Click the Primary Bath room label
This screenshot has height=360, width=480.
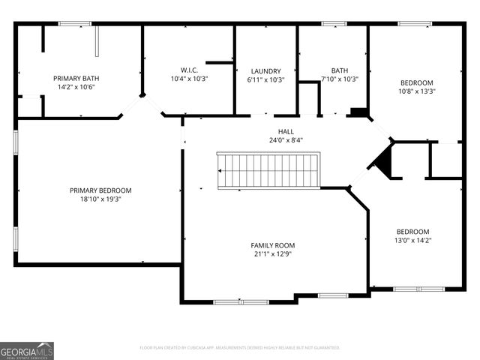[x=76, y=78]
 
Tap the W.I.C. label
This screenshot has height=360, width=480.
[x=189, y=70]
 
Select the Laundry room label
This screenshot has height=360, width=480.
[x=265, y=70]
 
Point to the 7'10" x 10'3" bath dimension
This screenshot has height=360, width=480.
[x=340, y=79]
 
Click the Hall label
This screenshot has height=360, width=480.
[x=286, y=131]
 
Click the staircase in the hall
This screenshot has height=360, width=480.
[x=268, y=170]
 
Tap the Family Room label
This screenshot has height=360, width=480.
[x=272, y=245]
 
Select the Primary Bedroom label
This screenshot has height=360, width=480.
[x=100, y=190]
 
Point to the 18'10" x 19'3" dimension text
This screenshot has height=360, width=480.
[x=100, y=199]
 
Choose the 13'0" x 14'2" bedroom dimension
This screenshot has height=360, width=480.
[x=412, y=240]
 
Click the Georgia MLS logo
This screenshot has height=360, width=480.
[x=27, y=351]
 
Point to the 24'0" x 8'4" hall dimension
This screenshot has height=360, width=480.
[x=286, y=140]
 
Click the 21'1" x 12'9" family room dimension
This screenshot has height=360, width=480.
[x=272, y=254]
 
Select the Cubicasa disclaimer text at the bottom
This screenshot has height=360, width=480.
[x=240, y=348]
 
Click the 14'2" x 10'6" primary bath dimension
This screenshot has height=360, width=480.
[x=76, y=87]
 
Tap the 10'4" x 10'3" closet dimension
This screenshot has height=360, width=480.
[x=189, y=79]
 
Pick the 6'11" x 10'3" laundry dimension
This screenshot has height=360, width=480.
[x=265, y=79]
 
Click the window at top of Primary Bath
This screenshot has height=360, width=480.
[x=75, y=24]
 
